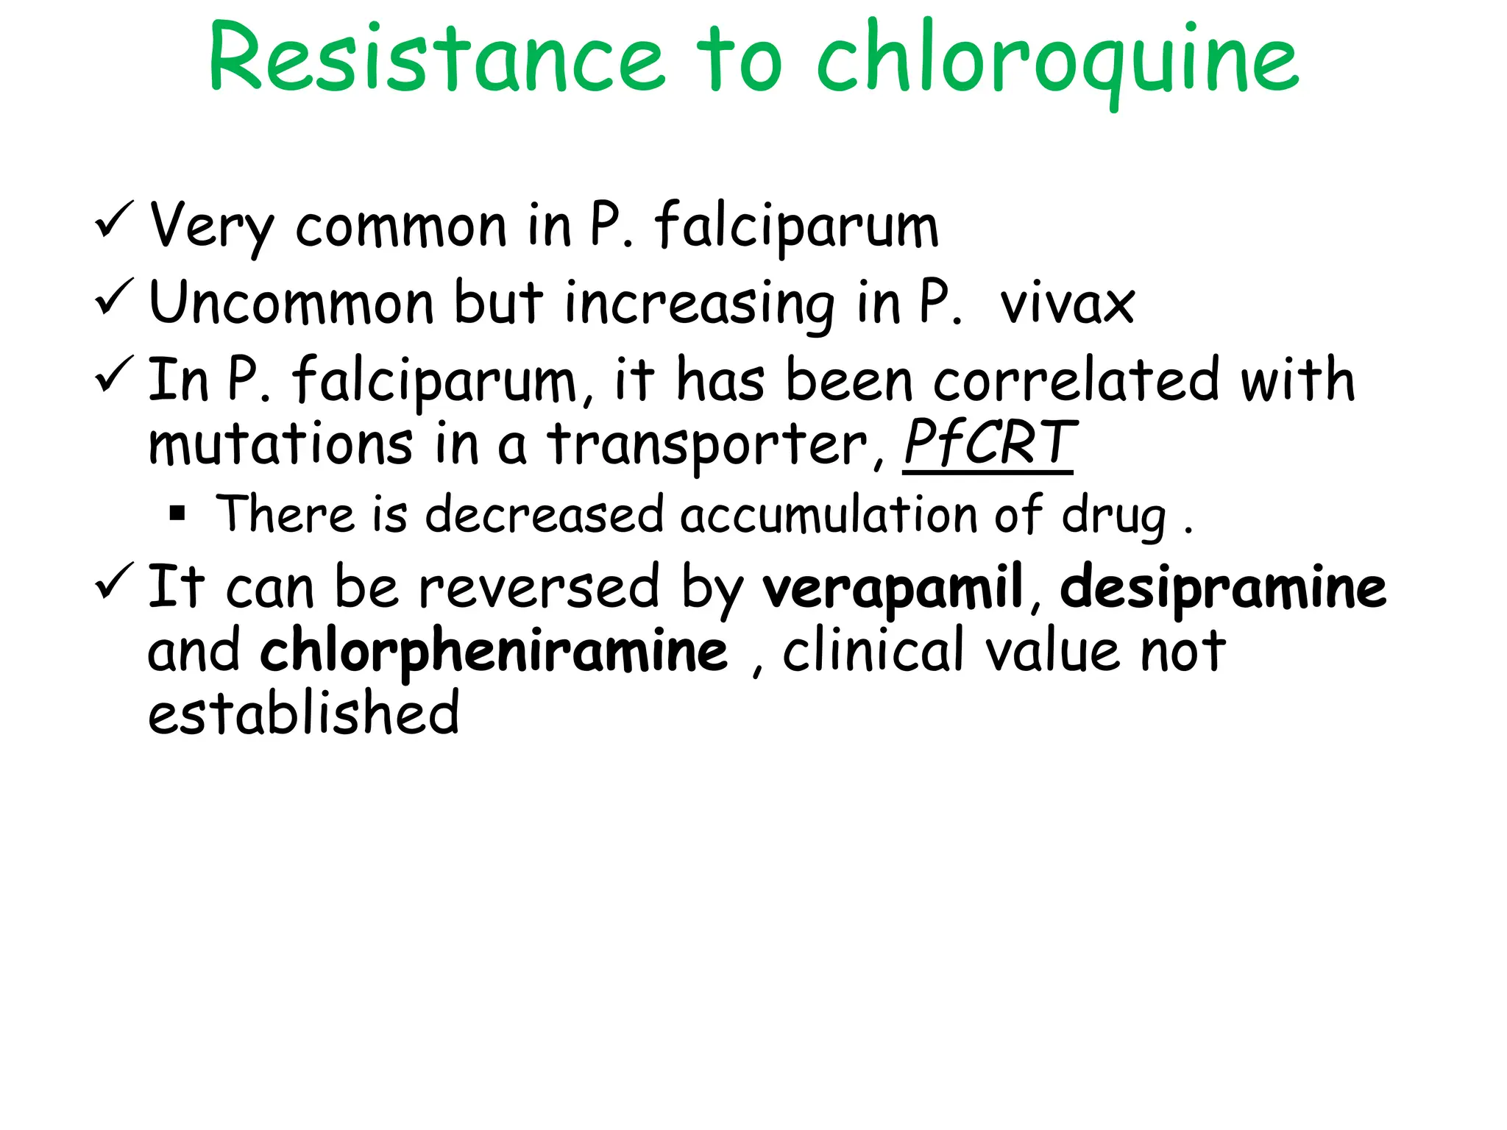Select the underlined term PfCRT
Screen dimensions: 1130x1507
pyautogui.click(x=989, y=443)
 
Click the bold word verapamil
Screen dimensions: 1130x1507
pyautogui.click(x=893, y=587)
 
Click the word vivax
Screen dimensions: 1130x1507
pyautogui.click(x=1067, y=303)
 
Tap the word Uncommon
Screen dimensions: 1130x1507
pyautogui.click(x=291, y=302)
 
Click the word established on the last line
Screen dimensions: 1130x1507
pyautogui.click(x=303, y=713)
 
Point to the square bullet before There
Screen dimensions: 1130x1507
pyautogui.click(x=177, y=513)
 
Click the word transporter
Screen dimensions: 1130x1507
pyautogui.click(x=708, y=444)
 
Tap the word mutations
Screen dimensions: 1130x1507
pyautogui.click(x=280, y=444)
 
